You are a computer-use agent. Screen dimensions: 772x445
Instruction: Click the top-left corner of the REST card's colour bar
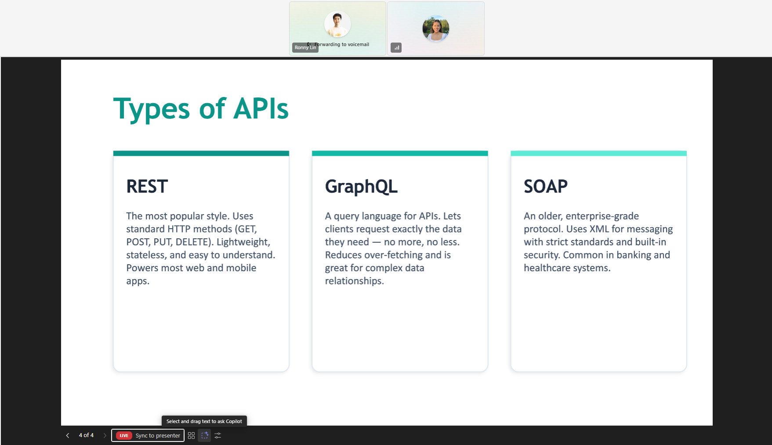(113, 151)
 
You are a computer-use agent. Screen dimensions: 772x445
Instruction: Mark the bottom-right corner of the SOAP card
(686, 372)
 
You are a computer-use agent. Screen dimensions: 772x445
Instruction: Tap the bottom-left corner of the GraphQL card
(312, 372)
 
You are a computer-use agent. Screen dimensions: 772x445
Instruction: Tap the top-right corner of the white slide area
(712, 60)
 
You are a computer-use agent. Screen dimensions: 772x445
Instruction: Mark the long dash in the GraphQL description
(377, 242)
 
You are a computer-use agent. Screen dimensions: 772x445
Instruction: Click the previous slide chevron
(68, 435)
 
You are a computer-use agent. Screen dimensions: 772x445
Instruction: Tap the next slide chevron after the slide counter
(105, 435)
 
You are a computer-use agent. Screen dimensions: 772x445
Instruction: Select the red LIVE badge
(124, 435)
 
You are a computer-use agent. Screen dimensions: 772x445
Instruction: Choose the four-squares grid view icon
(191, 435)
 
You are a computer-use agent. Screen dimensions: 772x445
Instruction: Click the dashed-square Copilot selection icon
(205, 435)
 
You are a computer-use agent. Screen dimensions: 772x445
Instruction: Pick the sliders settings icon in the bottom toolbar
(218, 435)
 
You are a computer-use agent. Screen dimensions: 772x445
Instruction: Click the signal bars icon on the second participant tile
(396, 47)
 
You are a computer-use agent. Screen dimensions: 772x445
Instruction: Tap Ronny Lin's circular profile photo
(337, 24)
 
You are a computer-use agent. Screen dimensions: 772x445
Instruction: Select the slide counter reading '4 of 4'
(86, 435)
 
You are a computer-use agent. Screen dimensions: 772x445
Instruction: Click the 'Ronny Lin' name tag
(305, 47)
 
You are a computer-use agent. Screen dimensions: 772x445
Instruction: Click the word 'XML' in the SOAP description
(599, 229)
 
